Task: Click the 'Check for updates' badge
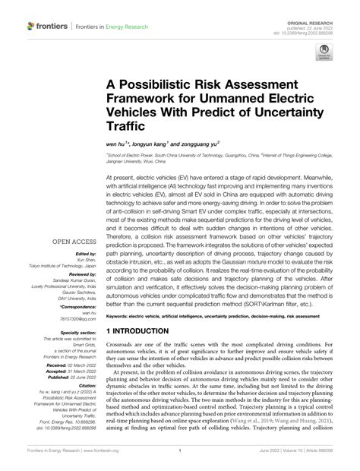pyautogui.click(x=324, y=51)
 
